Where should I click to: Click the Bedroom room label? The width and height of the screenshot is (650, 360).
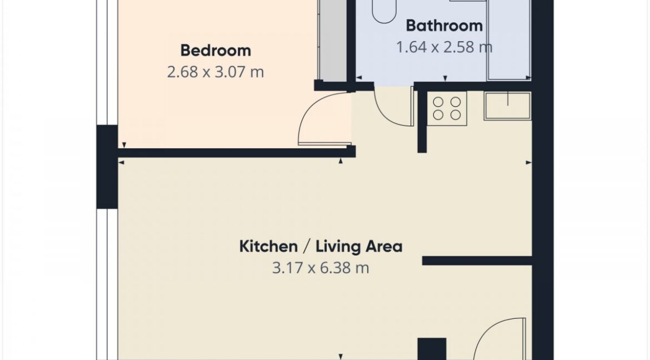216,51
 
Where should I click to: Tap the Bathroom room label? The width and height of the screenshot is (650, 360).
444,26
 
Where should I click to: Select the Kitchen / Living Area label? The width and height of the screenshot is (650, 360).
321,246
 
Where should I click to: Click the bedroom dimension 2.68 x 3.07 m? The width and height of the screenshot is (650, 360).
216,72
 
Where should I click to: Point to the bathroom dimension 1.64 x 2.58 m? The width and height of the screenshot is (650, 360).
444,47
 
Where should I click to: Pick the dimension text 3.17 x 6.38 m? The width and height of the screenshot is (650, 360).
321,268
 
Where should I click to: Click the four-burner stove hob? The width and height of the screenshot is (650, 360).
447,108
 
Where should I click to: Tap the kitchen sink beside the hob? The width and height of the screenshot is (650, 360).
507,106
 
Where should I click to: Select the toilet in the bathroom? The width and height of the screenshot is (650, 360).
384,11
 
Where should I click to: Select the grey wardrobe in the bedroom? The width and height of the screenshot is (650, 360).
332,41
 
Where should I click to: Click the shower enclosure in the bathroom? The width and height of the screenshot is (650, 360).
509,40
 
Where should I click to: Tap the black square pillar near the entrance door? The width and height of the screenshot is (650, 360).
432,349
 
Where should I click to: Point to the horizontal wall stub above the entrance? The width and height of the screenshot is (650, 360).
477,261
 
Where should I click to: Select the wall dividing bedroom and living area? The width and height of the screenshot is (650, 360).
236,153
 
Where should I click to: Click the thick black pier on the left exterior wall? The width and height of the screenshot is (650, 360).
107,167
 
